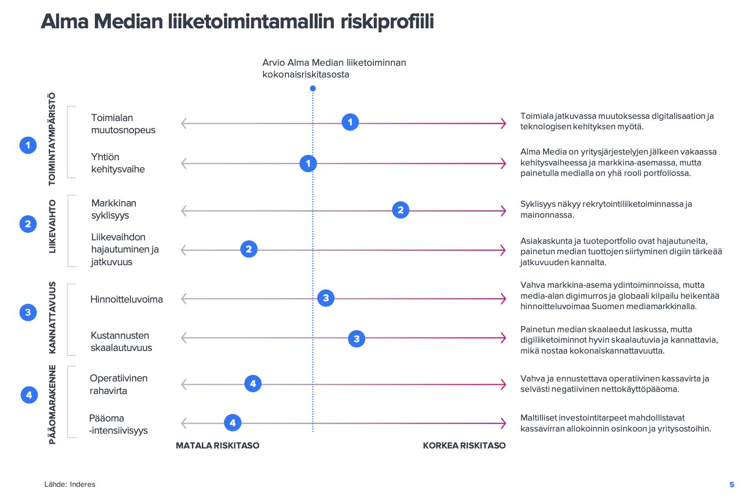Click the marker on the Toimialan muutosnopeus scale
pos(350,122)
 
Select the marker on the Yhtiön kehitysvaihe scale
pos(308,163)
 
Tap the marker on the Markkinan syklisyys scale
pos(400,210)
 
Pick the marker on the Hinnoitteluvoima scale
pos(326,298)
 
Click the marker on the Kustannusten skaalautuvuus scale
pos(356,339)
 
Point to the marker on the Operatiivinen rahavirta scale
pos(253,384)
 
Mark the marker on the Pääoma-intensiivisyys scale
pos(233,423)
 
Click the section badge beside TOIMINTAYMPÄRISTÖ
pos(28,145)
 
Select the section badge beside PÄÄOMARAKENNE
pos(29,395)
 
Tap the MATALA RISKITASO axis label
pos(218,445)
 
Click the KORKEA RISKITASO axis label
pos(464,445)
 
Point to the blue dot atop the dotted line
pos(312,88)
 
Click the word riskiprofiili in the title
pos(387,21)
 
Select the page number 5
pos(732,485)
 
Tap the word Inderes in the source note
pos(83,484)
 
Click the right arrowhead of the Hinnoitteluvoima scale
pos(504,299)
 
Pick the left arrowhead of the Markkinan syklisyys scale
pos(184,211)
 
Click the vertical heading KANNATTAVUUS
pos(52,317)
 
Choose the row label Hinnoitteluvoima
pos(127,299)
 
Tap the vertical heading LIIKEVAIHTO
pos(52,226)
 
